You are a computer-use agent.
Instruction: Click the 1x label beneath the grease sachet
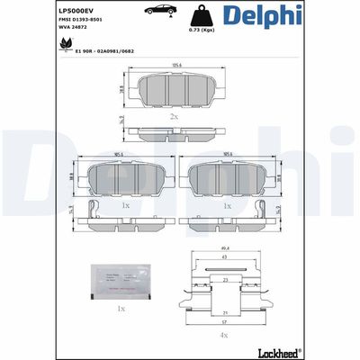pos(121,308)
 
